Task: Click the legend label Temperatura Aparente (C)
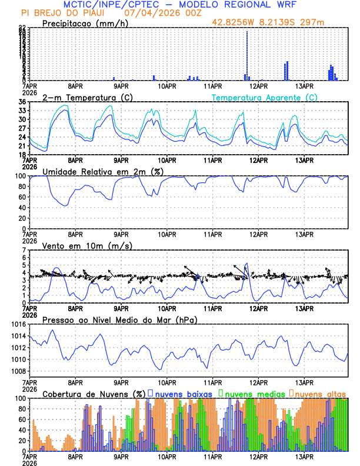[x=265, y=97]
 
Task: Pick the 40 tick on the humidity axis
[x=22, y=208]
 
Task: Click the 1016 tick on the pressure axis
[x=19, y=324]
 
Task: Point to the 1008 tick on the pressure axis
[x=19, y=371]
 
